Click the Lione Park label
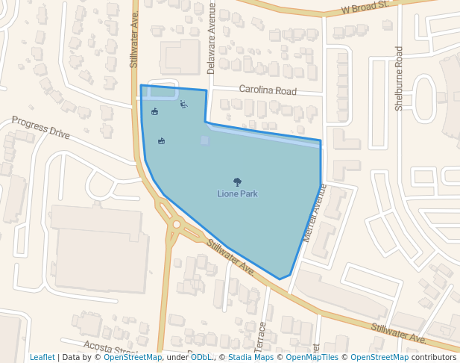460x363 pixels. click(x=237, y=193)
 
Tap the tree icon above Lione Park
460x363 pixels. click(x=237, y=181)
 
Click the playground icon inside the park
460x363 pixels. click(x=183, y=104)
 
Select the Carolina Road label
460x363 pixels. click(x=268, y=90)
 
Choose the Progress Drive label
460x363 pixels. click(x=40, y=128)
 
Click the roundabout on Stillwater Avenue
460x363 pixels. click(x=177, y=223)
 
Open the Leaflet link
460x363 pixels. click(x=42, y=358)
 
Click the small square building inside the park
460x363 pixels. click(x=204, y=140)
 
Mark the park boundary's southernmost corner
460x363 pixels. click(x=280, y=279)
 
